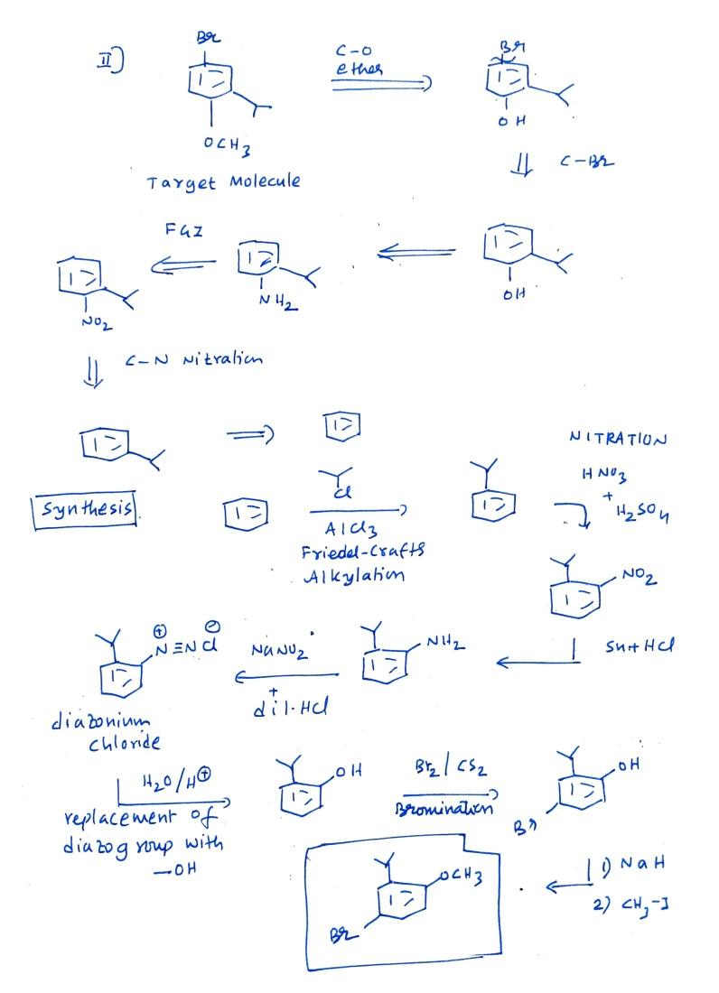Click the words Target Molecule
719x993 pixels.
click(x=223, y=181)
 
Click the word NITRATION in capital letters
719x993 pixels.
click(x=618, y=439)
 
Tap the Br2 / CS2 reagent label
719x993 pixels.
click(x=452, y=770)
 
